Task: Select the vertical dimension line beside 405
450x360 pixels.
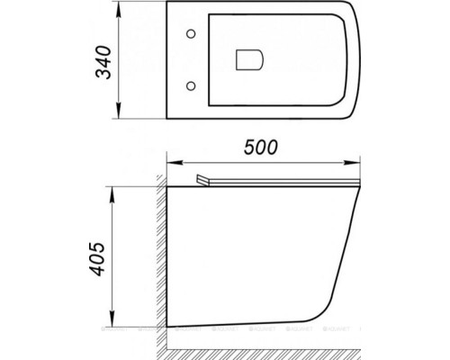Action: pyautogui.click(x=113, y=261)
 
